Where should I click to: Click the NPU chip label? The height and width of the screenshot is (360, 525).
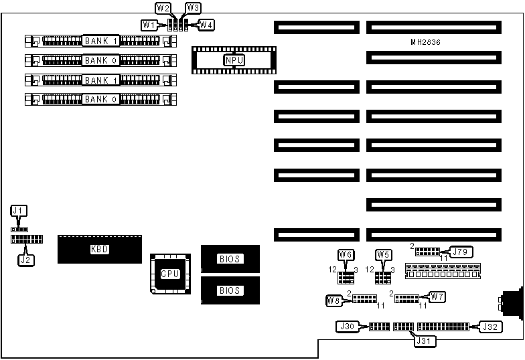[x=234, y=60]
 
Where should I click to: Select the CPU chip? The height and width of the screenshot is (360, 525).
[x=167, y=274]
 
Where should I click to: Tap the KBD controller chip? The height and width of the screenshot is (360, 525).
[x=99, y=249]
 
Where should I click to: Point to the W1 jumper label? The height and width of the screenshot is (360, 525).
[x=149, y=25]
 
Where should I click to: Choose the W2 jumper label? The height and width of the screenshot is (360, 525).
[x=163, y=9]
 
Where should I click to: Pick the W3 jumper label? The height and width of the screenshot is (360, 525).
[x=193, y=8]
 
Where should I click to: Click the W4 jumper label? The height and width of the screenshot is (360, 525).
[x=207, y=25]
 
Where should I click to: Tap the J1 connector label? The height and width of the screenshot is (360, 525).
[x=19, y=211]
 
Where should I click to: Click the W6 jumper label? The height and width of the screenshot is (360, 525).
[x=346, y=254]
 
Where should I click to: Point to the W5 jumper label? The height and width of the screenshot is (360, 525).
[x=383, y=254]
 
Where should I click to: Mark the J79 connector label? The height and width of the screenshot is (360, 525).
[x=459, y=252]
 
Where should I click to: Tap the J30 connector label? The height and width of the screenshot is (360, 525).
[x=346, y=327]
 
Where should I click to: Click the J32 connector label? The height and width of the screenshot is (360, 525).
[x=490, y=327]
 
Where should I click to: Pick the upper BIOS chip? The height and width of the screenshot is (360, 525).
[x=230, y=259]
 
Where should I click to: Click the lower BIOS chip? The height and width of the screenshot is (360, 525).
[x=230, y=290]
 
